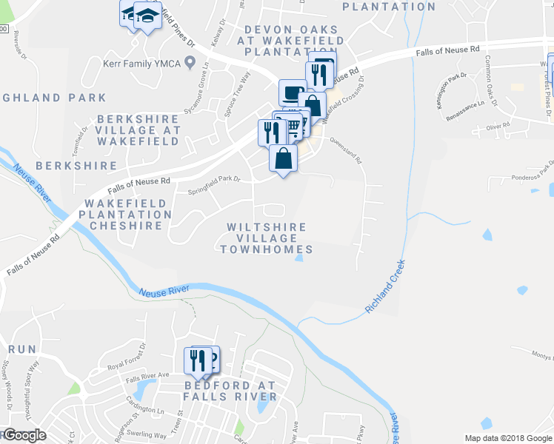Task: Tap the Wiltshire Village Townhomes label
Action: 267,238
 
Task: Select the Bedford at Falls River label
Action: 230,391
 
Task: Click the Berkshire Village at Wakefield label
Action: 138,129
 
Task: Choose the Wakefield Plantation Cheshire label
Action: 128,214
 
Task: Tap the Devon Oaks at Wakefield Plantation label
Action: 281,41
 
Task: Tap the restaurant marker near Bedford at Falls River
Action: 196,360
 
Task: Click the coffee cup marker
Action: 292,94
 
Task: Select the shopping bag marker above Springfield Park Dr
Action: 283,158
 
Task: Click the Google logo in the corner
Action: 24,435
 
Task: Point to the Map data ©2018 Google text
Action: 507,438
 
